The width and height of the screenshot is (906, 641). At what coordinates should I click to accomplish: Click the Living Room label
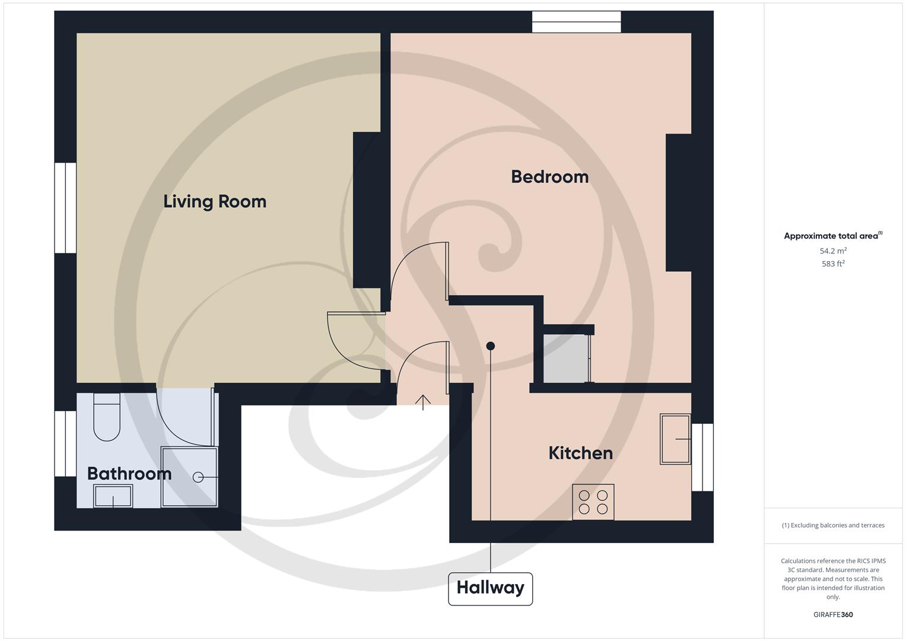[x=215, y=202]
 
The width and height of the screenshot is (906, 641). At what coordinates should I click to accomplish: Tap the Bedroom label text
[x=549, y=177]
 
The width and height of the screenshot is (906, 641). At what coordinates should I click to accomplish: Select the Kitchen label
[x=580, y=453]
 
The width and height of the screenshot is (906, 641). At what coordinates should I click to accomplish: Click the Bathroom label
[x=129, y=474]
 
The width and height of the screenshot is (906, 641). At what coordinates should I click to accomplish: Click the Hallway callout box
[x=490, y=588]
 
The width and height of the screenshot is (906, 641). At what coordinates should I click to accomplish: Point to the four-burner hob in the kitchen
[x=593, y=502]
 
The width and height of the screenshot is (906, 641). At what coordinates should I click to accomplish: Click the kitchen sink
[x=675, y=439]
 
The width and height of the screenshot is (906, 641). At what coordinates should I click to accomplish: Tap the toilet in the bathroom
[x=107, y=417]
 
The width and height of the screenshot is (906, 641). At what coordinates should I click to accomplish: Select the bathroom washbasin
[x=113, y=496]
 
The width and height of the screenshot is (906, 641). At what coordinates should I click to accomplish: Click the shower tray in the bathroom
[x=190, y=477]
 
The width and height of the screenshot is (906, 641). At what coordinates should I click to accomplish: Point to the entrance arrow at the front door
[x=423, y=402]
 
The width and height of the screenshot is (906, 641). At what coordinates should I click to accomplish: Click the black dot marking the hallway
[x=490, y=346]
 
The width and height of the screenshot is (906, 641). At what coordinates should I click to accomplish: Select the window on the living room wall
[x=65, y=208]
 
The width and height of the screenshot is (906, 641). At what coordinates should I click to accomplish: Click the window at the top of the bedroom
[x=576, y=22]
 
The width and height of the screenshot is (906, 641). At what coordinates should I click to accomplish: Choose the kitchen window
[x=702, y=457]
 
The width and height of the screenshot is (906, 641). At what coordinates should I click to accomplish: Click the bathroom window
[x=65, y=443]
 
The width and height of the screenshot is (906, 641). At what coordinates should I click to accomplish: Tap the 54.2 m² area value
[x=833, y=251]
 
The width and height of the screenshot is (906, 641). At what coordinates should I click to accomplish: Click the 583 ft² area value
[x=833, y=264]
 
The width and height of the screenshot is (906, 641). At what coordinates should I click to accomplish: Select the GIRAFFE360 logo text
[x=833, y=615]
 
